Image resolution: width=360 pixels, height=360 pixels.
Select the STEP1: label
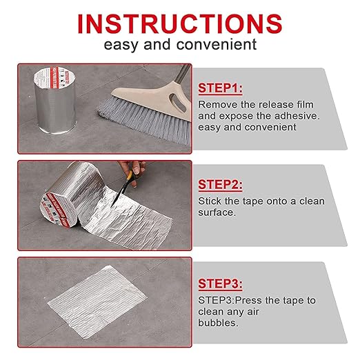(x=220, y=88)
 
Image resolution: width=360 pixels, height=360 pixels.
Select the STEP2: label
(x=220, y=185)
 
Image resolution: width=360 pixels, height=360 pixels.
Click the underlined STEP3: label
(x=220, y=283)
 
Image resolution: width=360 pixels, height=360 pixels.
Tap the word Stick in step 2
(x=210, y=201)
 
